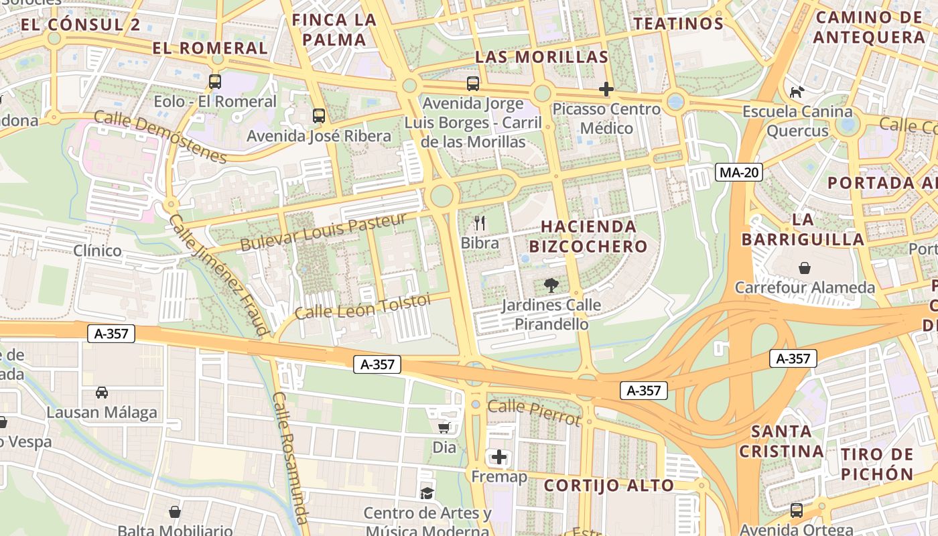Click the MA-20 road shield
coord(739,172)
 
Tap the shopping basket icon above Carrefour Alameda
coord(805,268)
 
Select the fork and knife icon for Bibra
coord(480,222)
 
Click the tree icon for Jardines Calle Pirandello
coord(551,286)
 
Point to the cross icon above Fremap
coord(499,458)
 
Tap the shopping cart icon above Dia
coord(444,427)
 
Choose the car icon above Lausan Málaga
coord(102,392)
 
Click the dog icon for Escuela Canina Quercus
coord(797,92)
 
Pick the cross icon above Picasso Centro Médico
coord(606,88)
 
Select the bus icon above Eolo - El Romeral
coord(215,82)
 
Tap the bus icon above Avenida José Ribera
coord(319,115)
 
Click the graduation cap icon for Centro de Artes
coord(427,494)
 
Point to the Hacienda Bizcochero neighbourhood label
coord(594,236)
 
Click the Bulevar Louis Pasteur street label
coord(324,232)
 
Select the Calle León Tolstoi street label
coord(363,306)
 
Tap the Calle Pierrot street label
coord(533,412)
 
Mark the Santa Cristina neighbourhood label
coord(781,441)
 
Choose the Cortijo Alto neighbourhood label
coord(608,485)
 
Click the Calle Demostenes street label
coord(161,137)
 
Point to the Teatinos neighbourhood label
coord(679,24)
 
